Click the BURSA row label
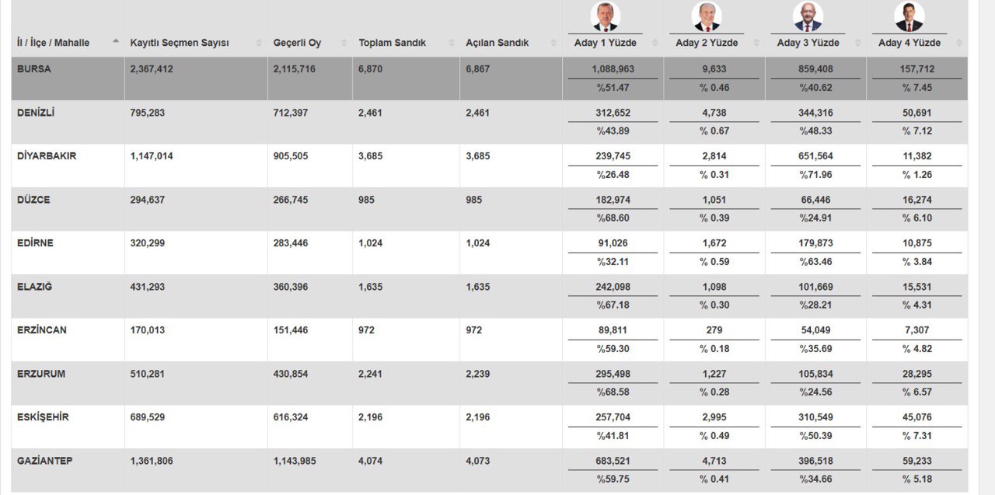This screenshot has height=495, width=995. pos(34,69)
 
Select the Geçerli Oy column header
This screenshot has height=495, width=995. pos(297,43)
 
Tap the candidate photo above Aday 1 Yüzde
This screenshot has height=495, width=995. pos(605,16)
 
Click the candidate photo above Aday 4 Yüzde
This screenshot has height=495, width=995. pos(909,16)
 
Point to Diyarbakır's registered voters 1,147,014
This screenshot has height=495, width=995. pos(152,156)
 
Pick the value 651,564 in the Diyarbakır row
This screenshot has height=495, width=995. pos(815,156)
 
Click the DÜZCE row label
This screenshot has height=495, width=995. pos(33,200)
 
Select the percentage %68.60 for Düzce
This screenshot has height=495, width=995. pos(613,218)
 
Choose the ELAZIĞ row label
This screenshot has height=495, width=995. pos(35,287)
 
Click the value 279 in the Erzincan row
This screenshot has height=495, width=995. pos(714,330)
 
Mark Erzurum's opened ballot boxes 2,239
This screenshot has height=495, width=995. pos(478,374)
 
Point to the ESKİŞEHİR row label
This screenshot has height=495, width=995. pos(43,417)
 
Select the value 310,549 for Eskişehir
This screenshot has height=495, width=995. pos(815,417)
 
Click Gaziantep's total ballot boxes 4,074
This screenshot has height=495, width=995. pos(370,461)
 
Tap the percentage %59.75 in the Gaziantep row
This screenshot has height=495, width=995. pos(613,479)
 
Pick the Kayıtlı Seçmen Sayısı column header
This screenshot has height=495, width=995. pos(180,43)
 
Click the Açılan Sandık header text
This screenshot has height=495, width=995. pos(497,43)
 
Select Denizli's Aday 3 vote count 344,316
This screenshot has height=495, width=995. pos(815,113)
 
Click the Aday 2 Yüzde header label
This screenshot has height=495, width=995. pos(707,43)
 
